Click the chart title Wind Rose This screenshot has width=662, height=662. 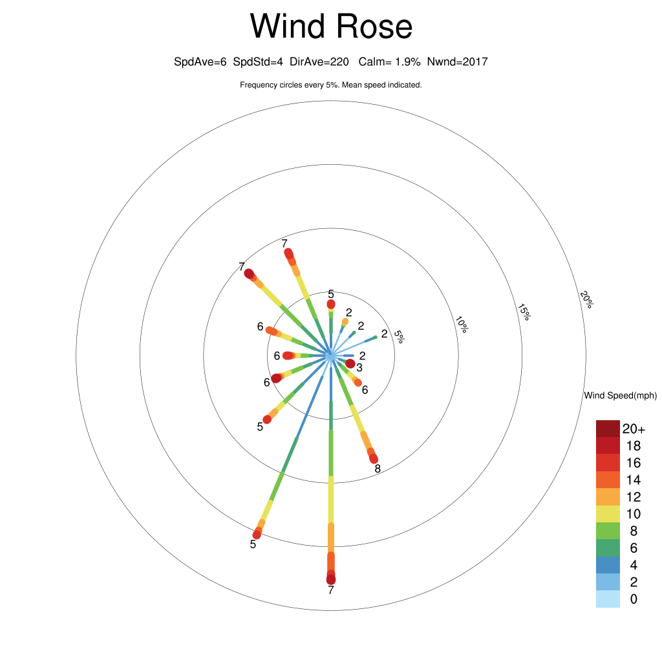(x=331, y=27)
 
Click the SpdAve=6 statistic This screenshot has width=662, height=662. (x=200, y=62)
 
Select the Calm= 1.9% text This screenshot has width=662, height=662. (x=390, y=62)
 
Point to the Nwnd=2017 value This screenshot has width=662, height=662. (x=458, y=62)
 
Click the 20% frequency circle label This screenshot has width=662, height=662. (x=586, y=299)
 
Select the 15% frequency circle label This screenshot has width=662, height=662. (x=524, y=312)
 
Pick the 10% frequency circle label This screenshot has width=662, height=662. (x=462, y=325)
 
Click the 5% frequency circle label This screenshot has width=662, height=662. (x=400, y=337)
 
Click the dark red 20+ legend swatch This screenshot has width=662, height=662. (x=608, y=429)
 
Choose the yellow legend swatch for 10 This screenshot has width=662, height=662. (x=608, y=514)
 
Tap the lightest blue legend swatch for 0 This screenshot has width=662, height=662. (x=608, y=599)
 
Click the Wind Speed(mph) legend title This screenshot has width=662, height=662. (x=620, y=396)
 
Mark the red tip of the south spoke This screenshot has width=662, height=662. (x=331, y=579)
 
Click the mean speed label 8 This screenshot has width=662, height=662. (x=378, y=468)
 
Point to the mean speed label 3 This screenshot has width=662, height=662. (x=359, y=368)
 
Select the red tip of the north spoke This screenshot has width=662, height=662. (x=331, y=304)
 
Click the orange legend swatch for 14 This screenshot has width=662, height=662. (x=608, y=480)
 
